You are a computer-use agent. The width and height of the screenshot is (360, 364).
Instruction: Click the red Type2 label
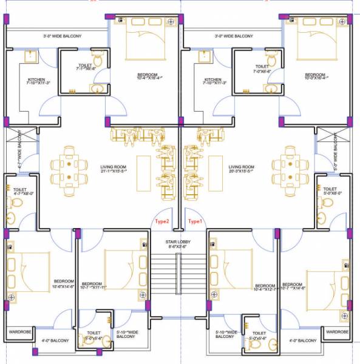(162, 221)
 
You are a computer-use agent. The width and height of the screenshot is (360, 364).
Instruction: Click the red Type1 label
(195, 221)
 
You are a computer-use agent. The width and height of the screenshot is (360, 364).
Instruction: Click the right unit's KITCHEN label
(212, 82)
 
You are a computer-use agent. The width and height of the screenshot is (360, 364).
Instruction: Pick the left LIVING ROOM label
(114, 169)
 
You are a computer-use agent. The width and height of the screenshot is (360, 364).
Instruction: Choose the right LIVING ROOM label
(242, 169)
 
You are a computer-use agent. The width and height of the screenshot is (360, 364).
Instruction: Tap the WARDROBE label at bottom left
(19, 332)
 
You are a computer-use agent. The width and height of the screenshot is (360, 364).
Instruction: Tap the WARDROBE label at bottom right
(337, 332)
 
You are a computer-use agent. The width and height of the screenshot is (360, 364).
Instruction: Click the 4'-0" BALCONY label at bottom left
(56, 340)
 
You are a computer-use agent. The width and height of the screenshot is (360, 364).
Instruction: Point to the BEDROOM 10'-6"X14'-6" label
(64, 284)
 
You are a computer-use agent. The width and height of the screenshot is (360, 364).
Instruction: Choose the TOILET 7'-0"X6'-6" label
(262, 69)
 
